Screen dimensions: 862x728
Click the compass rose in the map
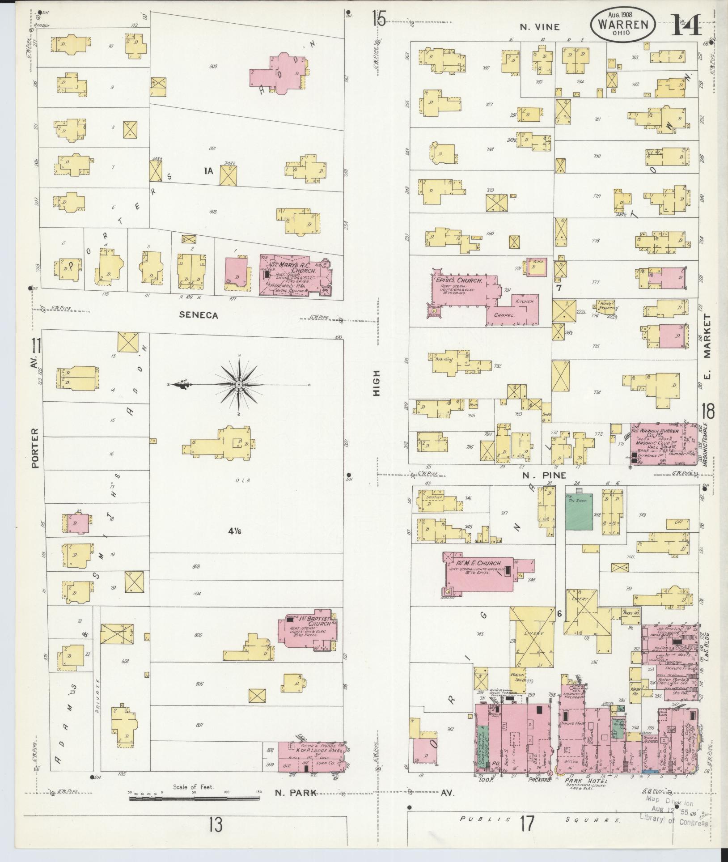238,384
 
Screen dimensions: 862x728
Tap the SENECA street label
199,315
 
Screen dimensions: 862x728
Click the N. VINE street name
539,27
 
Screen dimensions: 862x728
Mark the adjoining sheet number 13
216,824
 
